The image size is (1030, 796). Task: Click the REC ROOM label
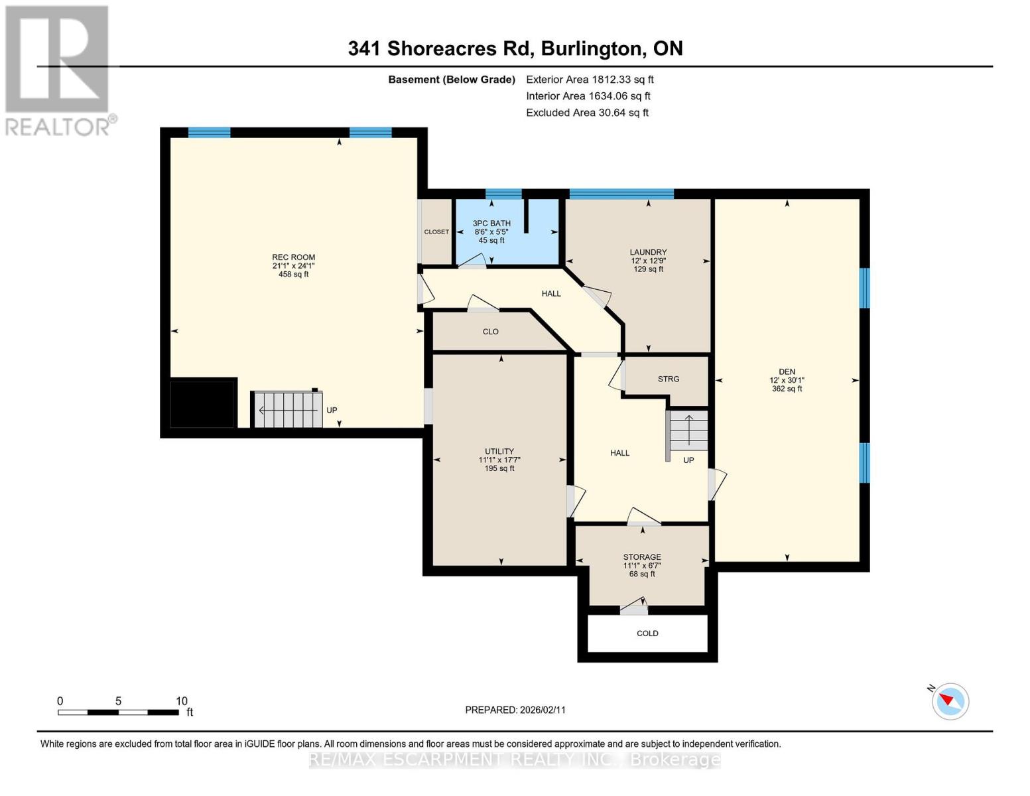[293, 257]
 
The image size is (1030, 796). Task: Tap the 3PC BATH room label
[491, 224]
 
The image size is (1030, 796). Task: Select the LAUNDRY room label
[648, 252]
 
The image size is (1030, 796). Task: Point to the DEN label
[787, 372]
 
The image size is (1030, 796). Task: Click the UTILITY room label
[499, 452]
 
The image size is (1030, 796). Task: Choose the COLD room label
[647, 633]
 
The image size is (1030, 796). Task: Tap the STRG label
[668, 379]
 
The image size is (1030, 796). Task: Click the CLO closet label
[490, 332]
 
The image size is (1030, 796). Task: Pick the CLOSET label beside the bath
[436, 232]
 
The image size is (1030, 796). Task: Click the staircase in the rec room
[287, 410]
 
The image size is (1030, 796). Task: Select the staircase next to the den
[688, 430]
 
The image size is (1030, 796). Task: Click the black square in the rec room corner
[203, 403]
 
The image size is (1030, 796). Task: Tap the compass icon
[950, 700]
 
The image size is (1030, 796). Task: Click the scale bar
[118, 712]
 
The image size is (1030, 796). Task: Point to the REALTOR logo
[58, 70]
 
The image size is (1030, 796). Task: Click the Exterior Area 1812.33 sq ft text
[590, 80]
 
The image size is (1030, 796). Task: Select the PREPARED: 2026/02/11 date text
[515, 710]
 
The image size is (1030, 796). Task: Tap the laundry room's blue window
[621, 194]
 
